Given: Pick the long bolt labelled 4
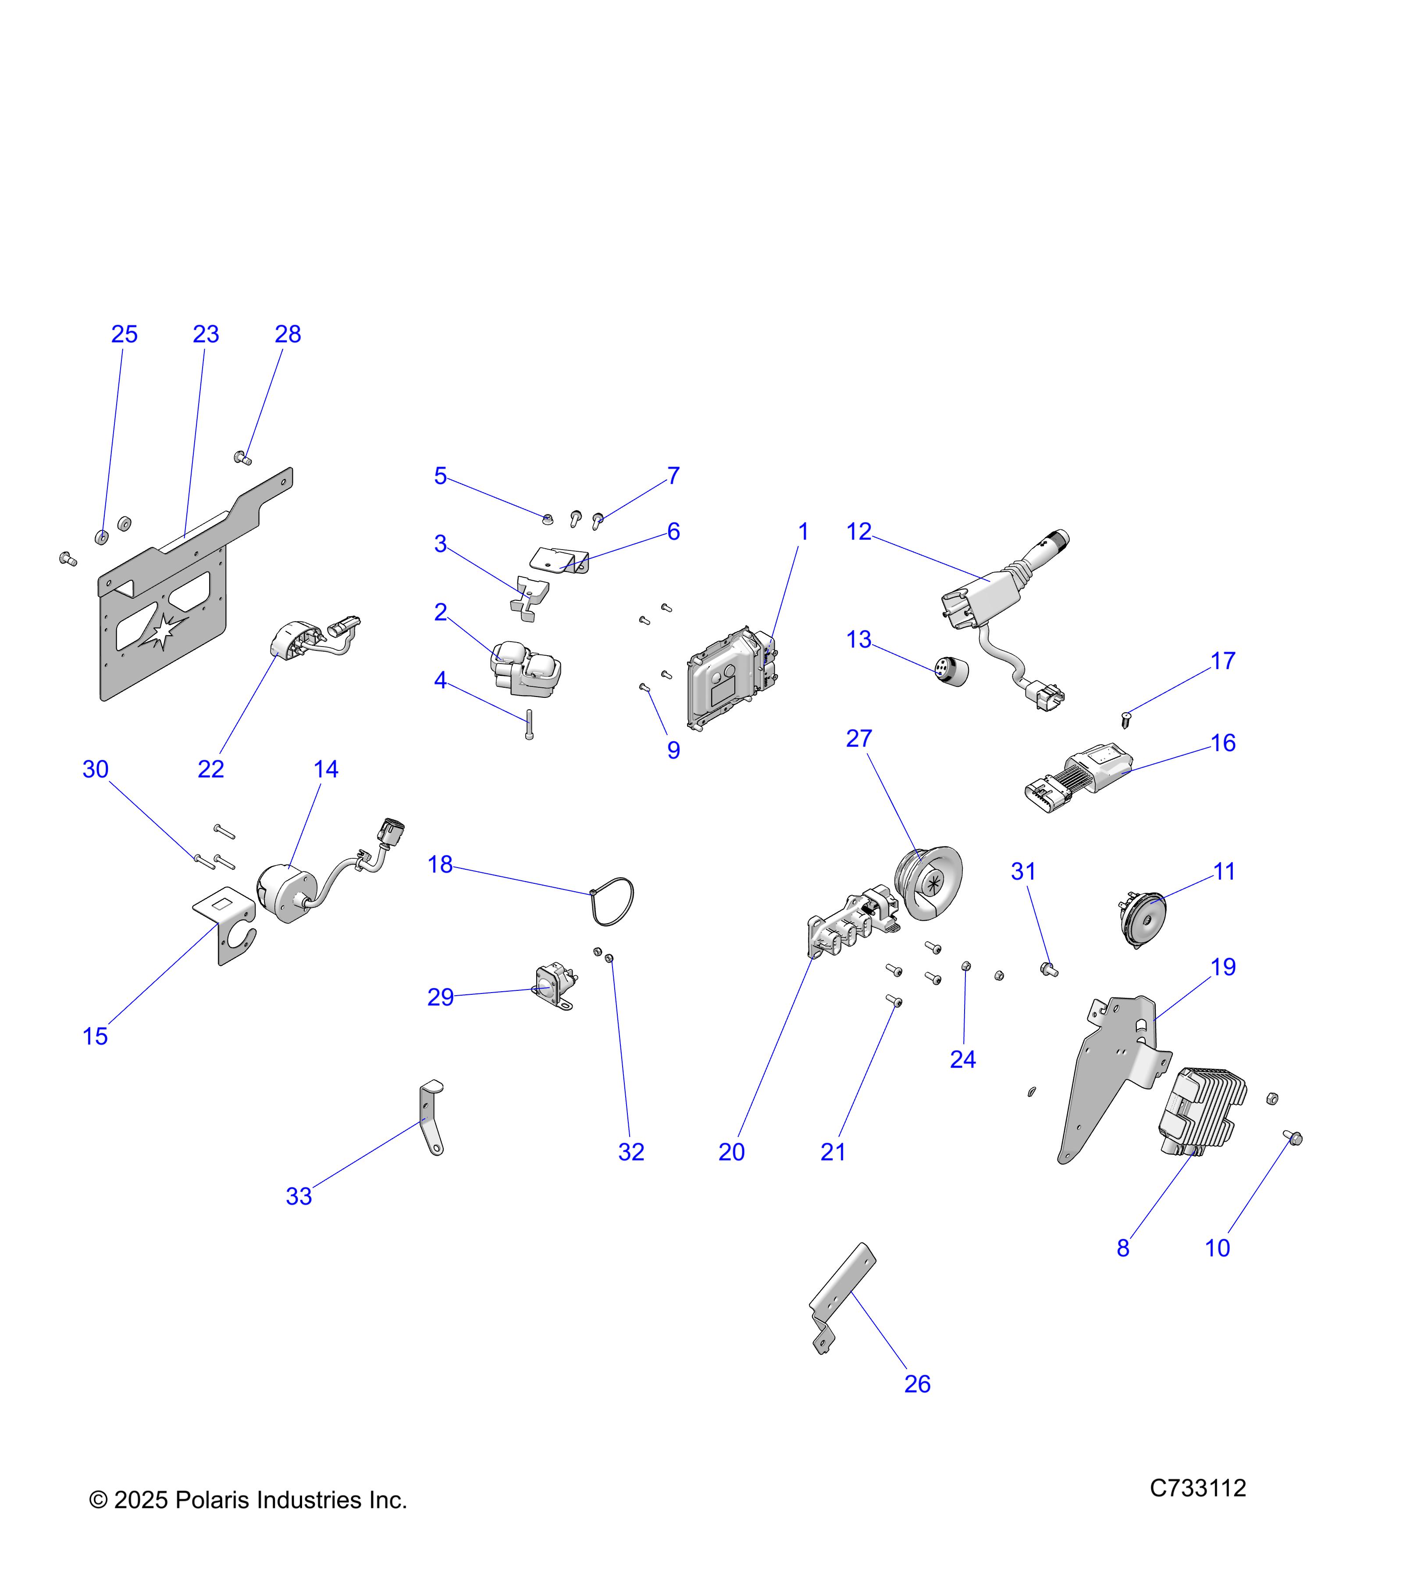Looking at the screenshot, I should [530, 724].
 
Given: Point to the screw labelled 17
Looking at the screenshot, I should [1126, 720].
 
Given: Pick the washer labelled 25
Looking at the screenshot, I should [101, 536].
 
